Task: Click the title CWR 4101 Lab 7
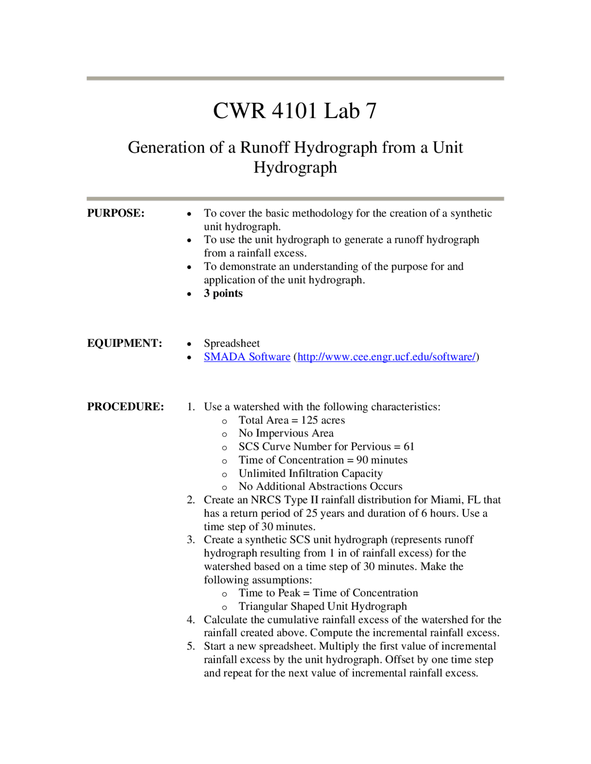click(x=295, y=111)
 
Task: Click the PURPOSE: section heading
click(x=116, y=213)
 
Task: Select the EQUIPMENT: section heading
click(x=124, y=343)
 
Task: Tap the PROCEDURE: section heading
click(x=125, y=406)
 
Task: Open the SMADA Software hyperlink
click(x=247, y=357)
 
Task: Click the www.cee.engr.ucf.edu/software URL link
click(x=386, y=357)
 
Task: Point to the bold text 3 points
click(x=223, y=293)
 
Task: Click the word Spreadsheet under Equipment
click(x=232, y=343)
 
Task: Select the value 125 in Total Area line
click(x=309, y=420)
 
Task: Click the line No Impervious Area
click(x=286, y=433)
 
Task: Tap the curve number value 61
click(x=409, y=447)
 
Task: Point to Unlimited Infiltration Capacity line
click(x=310, y=473)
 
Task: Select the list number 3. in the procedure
click(x=191, y=540)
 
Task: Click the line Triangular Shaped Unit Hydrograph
click(x=322, y=606)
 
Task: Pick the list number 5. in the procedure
click(x=191, y=646)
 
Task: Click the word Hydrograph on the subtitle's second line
click(x=295, y=167)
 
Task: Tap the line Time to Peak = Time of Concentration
click(x=328, y=593)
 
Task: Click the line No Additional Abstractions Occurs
click(x=320, y=486)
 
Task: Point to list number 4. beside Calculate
click(x=191, y=620)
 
